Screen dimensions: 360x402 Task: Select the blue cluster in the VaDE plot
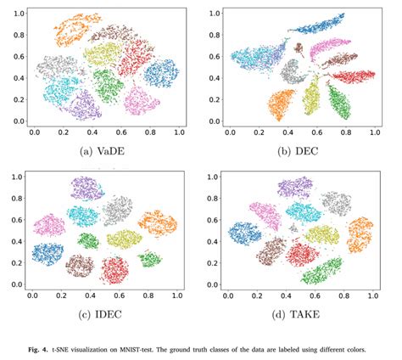(161, 73)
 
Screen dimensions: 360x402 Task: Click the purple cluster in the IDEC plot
(87, 187)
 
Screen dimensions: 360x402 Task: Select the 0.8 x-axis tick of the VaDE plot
(151, 133)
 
